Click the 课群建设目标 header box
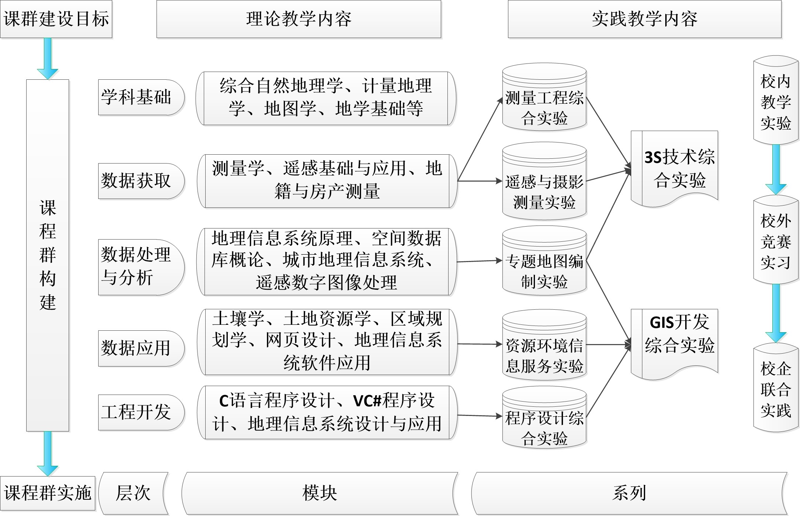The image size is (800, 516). [56, 19]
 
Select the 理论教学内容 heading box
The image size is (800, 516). [299, 19]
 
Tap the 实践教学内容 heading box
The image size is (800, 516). [645, 19]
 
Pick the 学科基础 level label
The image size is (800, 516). [141, 97]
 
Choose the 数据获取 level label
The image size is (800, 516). [141, 181]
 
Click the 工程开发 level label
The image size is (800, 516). [141, 412]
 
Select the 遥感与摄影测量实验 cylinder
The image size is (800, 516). [544, 181]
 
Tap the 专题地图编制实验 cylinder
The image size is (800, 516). [544, 261]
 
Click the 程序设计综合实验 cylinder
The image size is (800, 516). [544, 417]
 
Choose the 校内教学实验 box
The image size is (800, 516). [776, 100]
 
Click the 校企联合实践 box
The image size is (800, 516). [776, 388]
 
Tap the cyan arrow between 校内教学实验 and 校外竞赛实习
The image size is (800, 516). [776, 169]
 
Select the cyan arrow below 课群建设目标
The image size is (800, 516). [48, 58]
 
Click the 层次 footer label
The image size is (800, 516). [133, 493]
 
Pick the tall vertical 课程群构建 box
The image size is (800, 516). [48, 255]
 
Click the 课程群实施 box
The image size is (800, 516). [48, 493]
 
